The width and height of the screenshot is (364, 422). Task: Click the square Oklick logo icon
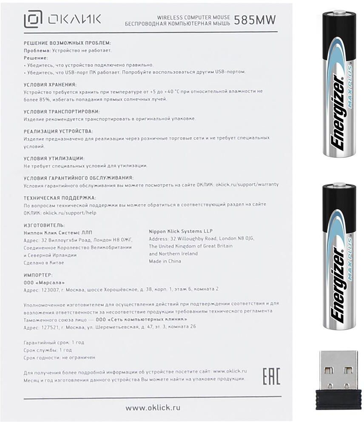coord(33,19)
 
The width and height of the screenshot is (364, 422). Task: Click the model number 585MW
coord(255,20)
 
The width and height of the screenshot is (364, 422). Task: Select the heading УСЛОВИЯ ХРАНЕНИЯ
coord(50,84)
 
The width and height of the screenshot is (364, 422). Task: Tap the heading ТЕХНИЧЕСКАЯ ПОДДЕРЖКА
coord(60,197)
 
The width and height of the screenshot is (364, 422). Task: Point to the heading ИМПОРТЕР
coord(38,275)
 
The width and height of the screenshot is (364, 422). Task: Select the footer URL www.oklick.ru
coord(153,408)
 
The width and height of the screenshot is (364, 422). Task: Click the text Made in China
coord(165,261)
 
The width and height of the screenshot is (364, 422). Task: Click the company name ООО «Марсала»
coord(44,282)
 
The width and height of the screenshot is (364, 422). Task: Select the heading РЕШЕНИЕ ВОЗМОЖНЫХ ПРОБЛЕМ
coord(67,43)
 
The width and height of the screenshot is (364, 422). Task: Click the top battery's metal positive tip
coord(339,13)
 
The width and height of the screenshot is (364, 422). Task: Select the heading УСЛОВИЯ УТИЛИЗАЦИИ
coord(54,158)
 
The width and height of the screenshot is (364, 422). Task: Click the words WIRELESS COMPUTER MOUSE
coord(193,17)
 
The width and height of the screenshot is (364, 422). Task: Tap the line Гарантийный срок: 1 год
coord(54,342)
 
